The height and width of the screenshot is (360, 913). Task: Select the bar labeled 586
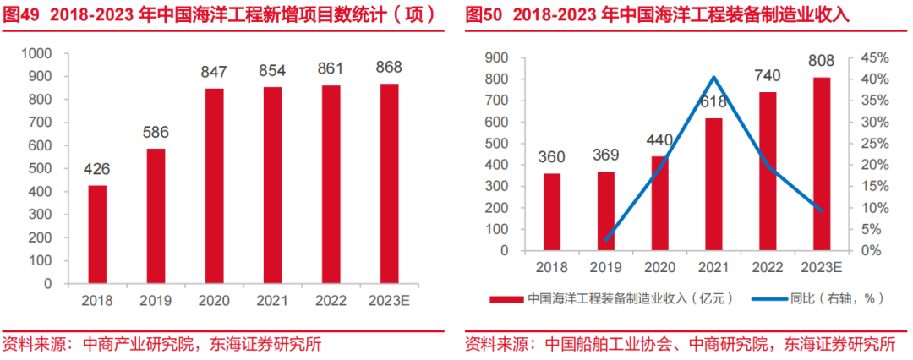pyautogui.click(x=156, y=216)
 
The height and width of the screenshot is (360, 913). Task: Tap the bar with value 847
pyautogui.click(x=214, y=186)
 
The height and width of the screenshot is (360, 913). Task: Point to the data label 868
pyautogui.click(x=389, y=67)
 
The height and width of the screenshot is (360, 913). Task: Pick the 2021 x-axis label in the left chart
pyautogui.click(x=272, y=300)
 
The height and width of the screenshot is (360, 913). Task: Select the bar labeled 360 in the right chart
pyautogui.click(x=551, y=212)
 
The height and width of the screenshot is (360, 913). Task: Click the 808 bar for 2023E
pyautogui.click(x=821, y=164)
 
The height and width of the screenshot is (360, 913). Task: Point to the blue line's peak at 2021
pyautogui.click(x=713, y=78)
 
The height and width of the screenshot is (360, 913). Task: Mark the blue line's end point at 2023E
pyautogui.click(x=821, y=211)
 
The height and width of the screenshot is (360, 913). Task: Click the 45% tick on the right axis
pyautogui.click(x=874, y=57)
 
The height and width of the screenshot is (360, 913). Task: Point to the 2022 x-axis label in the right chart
pyautogui.click(x=767, y=267)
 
